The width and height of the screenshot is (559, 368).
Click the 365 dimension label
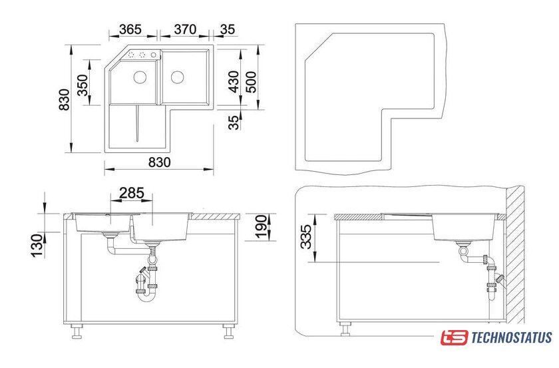tap(130, 29)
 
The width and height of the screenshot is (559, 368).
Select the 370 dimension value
tap(185, 29)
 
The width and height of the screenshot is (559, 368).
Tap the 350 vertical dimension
tap(83, 85)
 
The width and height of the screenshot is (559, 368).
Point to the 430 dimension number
tap(234, 82)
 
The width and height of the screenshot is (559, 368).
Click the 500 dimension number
tap(251, 82)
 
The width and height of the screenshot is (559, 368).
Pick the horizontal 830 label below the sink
tap(159, 162)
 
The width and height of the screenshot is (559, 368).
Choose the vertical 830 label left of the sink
tap(65, 100)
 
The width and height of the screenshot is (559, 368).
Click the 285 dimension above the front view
tap(132, 193)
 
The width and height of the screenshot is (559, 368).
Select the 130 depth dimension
tap(37, 246)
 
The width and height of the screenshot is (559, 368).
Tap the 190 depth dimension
tap(262, 226)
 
